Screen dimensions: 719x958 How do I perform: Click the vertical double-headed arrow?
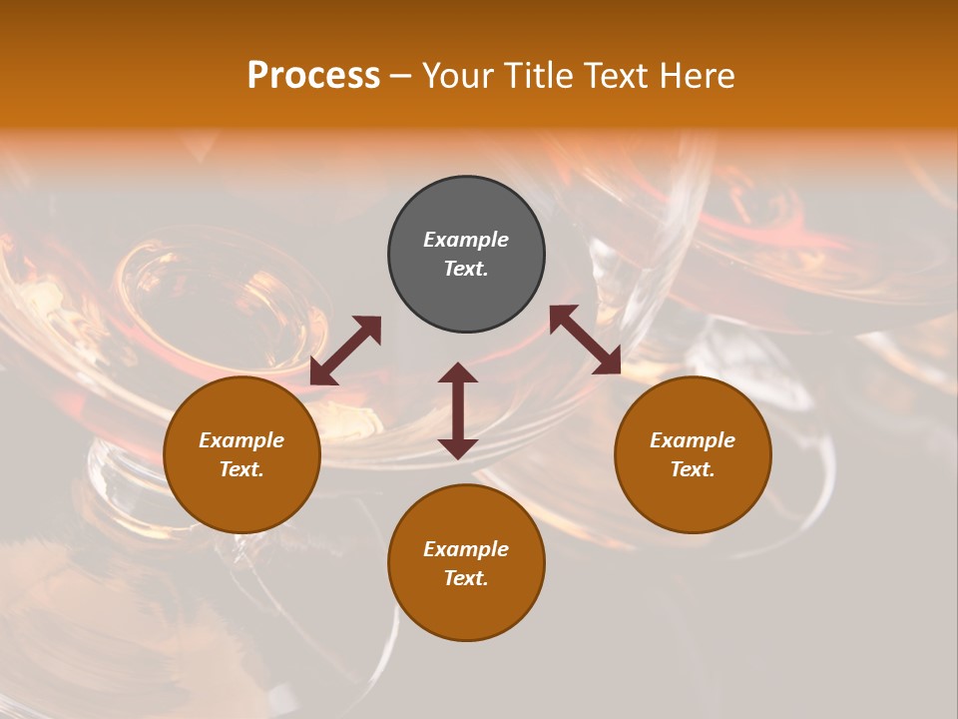click(x=458, y=410)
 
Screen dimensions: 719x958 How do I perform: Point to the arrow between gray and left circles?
click(x=346, y=351)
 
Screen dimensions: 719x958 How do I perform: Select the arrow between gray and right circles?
click(x=586, y=340)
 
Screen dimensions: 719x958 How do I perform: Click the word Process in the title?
click(x=313, y=75)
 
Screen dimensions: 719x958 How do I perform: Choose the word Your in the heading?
click(x=458, y=75)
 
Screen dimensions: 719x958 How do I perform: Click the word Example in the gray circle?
click(x=466, y=240)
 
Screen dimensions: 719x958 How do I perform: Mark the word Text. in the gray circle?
click(x=466, y=269)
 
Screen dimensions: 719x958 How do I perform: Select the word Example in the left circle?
click(x=241, y=440)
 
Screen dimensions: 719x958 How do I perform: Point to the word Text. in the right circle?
click(x=693, y=469)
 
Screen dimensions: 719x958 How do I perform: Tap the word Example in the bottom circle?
click(x=466, y=549)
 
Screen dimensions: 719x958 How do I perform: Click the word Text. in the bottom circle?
click(x=466, y=578)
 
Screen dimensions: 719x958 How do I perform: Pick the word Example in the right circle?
click(x=693, y=440)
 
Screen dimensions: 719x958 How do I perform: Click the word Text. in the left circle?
click(x=241, y=469)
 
